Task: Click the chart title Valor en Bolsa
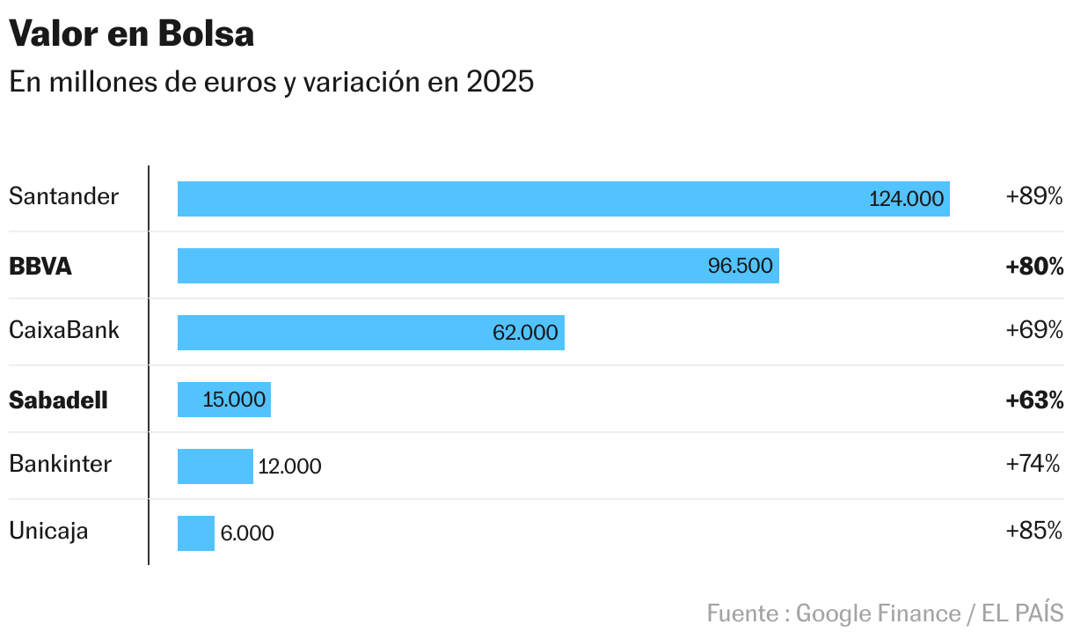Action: click(x=132, y=34)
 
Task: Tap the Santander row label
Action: click(x=63, y=196)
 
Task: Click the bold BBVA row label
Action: click(x=40, y=266)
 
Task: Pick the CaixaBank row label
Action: click(x=64, y=331)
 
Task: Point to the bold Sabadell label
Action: click(x=58, y=400)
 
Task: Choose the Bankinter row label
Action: click(x=61, y=464)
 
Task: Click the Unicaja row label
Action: click(x=48, y=531)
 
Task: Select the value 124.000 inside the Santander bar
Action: click(x=906, y=199)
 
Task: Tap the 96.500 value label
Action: click(x=740, y=266)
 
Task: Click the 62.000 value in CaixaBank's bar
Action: click(x=525, y=333)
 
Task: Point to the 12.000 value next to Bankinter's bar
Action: click(x=289, y=466)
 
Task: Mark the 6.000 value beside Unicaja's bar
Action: click(x=247, y=533)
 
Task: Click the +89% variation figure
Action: click(x=1034, y=196)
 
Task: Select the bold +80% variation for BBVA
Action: click(x=1034, y=266)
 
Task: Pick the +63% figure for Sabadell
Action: click(x=1034, y=400)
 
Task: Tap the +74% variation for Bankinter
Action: click(x=1034, y=464)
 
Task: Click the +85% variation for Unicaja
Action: click(x=1034, y=531)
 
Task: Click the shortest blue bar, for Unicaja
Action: click(x=196, y=533)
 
